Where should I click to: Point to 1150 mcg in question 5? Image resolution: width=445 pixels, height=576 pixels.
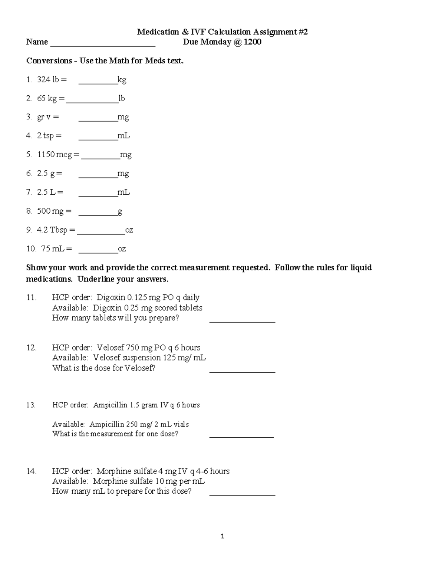pos(55,155)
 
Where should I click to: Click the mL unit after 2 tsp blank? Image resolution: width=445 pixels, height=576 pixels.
pos(123,136)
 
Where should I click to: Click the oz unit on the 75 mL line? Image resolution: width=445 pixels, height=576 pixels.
pos(122,249)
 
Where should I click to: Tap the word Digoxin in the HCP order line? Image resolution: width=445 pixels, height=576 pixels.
pos(111,297)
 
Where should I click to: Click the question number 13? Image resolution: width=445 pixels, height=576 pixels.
pos(31,405)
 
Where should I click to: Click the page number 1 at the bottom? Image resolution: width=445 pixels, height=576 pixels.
pos(222,536)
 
